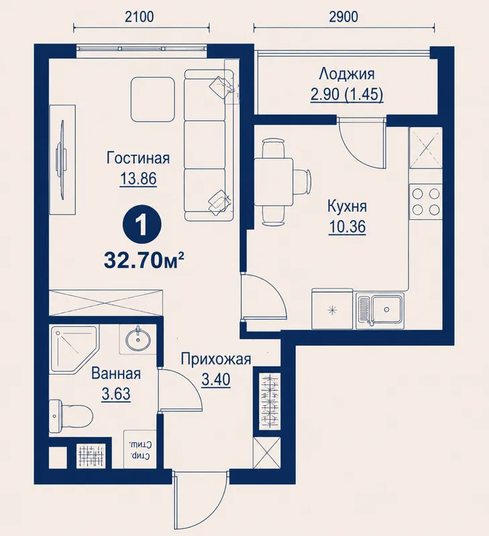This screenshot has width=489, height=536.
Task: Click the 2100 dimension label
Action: click(x=140, y=17)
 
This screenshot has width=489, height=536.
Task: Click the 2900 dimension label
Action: click(x=343, y=17)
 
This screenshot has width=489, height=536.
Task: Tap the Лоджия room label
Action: click(x=347, y=74)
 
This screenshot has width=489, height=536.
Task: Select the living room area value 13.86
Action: click(x=138, y=178)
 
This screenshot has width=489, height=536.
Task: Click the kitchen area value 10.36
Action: click(x=347, y=226)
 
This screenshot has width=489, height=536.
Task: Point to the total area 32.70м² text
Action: click(x=144, y=261)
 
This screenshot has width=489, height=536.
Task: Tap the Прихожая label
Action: click(x=215, y=360)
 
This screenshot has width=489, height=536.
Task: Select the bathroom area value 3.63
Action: click(x=116, y=394)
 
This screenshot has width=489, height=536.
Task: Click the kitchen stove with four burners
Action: click(x=426, y=202)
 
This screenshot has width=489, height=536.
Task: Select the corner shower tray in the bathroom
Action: click(x=74, y=349)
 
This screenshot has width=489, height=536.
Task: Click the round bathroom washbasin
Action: click(x=138, y=339)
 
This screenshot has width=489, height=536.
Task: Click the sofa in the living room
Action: click(x=209, y=145)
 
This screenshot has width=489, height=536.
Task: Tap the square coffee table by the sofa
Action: click(x=153, y=99)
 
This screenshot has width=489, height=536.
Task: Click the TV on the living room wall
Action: click(x=62, y=159)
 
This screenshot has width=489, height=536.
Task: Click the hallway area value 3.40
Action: click(x=215, y=379)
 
